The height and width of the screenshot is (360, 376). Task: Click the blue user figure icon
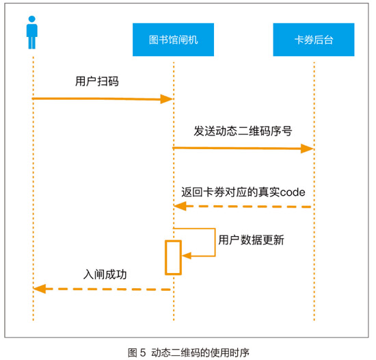click(32, 32)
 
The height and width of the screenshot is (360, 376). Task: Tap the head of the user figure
click(32, 19)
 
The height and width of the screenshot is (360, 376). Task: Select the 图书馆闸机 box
click(173, 40)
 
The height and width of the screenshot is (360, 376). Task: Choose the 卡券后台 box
click(314, 40)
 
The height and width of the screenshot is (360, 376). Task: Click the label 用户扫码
click(97, 81)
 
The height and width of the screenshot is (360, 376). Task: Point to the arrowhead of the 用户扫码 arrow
click(166, 99)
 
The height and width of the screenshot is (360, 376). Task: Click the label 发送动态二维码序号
click(243, 131)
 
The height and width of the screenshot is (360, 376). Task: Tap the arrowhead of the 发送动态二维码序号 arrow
click(307, 149)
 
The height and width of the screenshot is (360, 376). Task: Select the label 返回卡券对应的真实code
click(243, 192)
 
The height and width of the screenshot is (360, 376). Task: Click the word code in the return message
click(293, 192)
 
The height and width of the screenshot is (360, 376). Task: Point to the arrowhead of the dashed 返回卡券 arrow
click(180, 206)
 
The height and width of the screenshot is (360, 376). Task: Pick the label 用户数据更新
click(251, 240)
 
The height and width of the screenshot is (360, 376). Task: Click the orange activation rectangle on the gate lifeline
click(173, 241)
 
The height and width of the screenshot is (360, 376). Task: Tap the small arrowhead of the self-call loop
click(187, 255)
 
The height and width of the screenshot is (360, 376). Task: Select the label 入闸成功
click(105, 274)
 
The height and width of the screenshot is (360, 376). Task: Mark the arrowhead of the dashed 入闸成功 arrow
click(40, 289)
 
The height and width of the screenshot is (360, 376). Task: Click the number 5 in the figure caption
click(143, 352)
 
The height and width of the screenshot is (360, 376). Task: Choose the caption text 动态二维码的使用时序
click(200, 352)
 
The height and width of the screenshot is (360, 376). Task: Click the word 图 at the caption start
click(133, 352)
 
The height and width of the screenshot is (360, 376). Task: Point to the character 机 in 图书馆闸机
click(193, 40)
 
